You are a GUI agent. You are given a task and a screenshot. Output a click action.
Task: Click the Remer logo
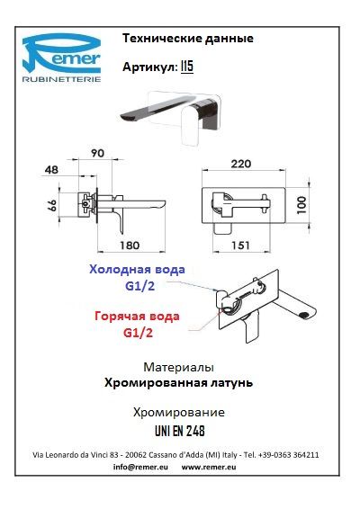pyautogui.click(x=61, y=58)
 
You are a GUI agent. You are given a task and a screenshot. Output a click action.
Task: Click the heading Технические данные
pyautogui.click(x=187, y=39)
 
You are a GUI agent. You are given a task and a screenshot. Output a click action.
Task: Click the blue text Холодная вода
pyautogui.click(x=138, y=270)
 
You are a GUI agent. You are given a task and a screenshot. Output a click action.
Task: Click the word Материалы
pyautogui.click(x=178, y=368)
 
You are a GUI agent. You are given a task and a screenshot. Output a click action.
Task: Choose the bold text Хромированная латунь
pyautogui.click(x=178, y=382)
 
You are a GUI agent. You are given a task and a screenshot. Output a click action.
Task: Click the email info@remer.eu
pyautogui.click(x=139, y=468)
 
